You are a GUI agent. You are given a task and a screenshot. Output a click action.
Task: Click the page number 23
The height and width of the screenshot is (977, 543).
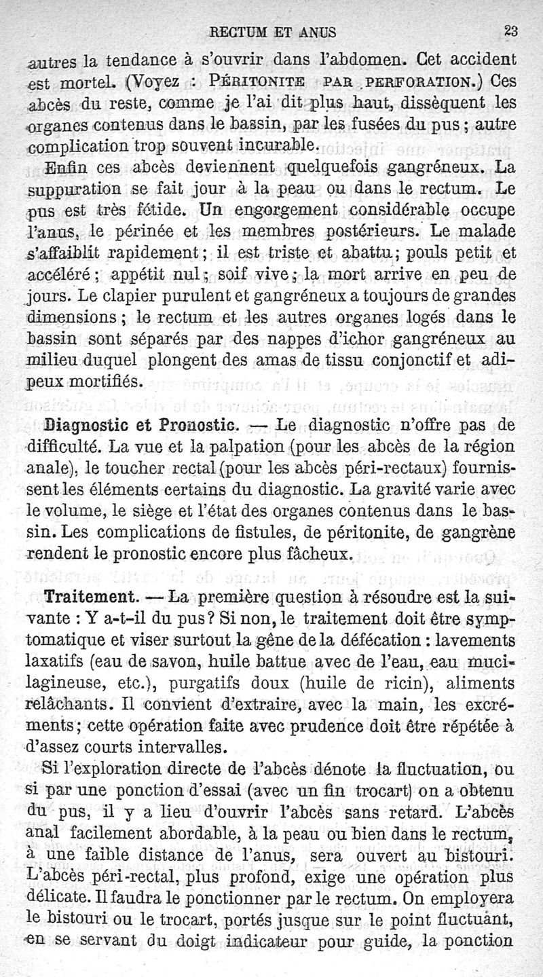click(510, 30)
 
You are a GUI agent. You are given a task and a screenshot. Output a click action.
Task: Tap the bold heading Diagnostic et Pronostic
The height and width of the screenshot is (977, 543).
click(141, 426)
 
